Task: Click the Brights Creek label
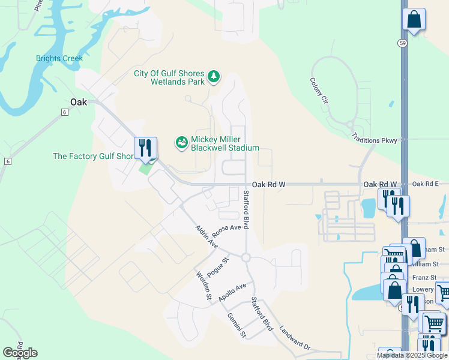click(x=59, y=58)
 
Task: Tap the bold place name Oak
click(x=79, y=102)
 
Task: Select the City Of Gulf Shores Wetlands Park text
click(x=169, y=77)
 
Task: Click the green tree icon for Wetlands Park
click(x=213, y=77)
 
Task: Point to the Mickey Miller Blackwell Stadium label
click(x=224, y=143)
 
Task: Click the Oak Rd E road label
click(x=426, y=184)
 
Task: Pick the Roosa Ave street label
click(x=226, y=228)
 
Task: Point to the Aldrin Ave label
click(x=206, y=236)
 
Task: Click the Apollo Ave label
click(x=232, y=292)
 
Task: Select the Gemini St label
click(x=236, y=325)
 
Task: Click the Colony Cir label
click(x=319, y=91)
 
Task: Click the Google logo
click(x=20, y=353)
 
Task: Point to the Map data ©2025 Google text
click(x=412, y=355)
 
